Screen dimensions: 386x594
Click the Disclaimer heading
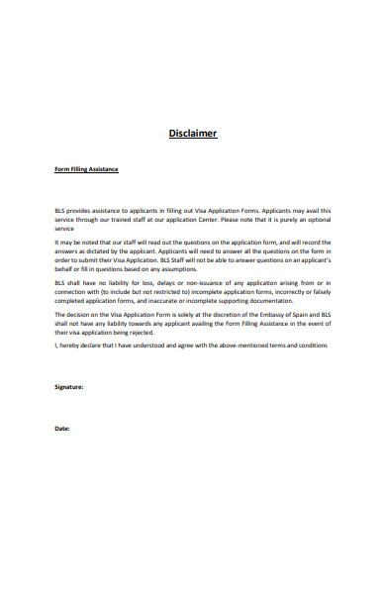click(x=192, y=134)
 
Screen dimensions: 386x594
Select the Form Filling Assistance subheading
click(x=86, y=169)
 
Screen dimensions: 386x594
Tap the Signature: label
click(x=68, y=386)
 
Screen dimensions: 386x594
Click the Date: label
click(x=61, y=428)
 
